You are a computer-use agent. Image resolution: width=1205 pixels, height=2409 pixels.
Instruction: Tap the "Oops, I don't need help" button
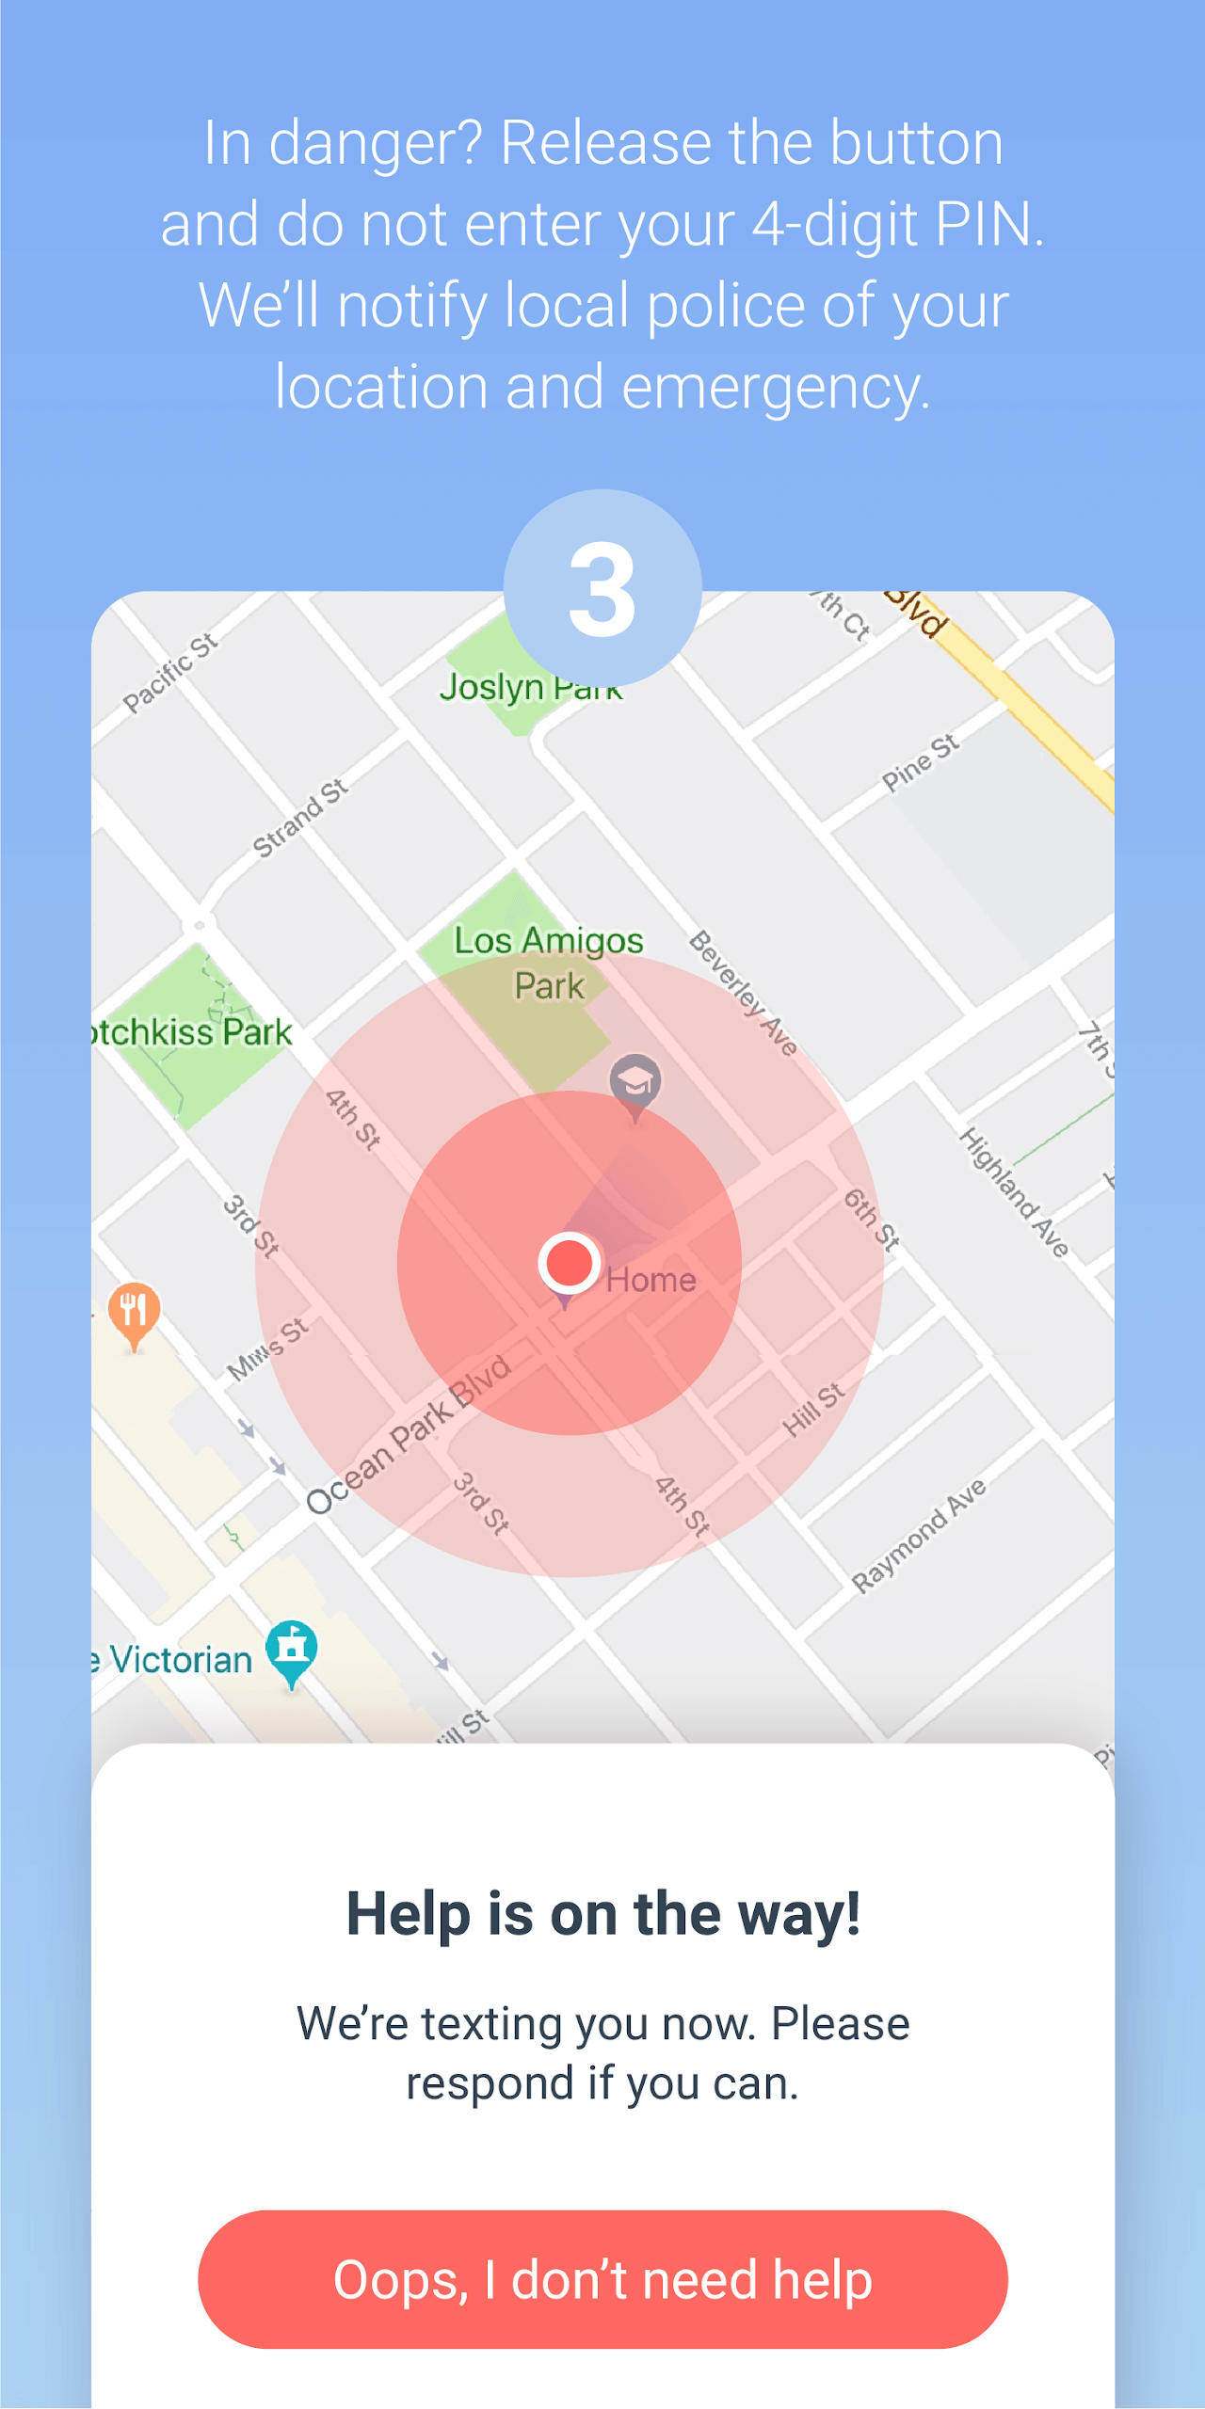pos(602,2279)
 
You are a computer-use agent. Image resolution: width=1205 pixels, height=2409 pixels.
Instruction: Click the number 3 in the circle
pos(602,589)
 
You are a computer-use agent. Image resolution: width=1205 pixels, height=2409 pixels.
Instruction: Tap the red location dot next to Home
pos(570,1262)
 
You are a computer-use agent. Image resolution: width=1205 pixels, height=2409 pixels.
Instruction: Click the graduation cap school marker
pos(635,1082)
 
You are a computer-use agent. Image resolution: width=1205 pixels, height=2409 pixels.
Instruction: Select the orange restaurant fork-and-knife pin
pos(134,1310)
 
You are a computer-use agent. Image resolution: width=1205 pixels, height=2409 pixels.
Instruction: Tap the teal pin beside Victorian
pos(292,1649)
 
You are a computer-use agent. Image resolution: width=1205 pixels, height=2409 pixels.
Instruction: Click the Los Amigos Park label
pos(549,962)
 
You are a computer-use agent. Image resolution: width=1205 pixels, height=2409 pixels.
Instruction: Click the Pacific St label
pos(170,672)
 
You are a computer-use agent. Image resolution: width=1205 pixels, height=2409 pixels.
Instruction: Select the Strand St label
pos(300,818)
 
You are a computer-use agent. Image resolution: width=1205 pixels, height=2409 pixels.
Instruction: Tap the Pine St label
pos(920,762)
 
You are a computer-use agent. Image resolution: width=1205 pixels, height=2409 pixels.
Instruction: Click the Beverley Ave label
pos(744,993)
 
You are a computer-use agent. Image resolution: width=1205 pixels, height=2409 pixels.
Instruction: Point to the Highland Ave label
pos(1014,1191)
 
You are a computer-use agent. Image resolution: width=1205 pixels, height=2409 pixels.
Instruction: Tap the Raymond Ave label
pos(919,1535)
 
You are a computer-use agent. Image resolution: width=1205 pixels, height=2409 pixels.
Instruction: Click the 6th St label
pos(871,1219)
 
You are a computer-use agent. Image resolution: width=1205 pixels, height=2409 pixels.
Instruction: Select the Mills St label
pos(267,1348)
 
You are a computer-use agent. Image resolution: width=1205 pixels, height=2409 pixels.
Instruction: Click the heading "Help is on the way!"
pos(602,1914)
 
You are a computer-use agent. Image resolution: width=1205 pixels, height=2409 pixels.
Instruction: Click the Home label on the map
pos(651,1280)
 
